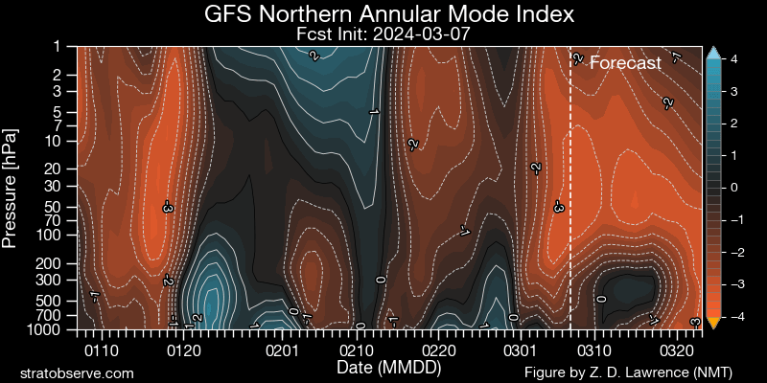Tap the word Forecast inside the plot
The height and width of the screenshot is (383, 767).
tap(625, 63)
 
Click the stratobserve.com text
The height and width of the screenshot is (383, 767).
tap(78, 372)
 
